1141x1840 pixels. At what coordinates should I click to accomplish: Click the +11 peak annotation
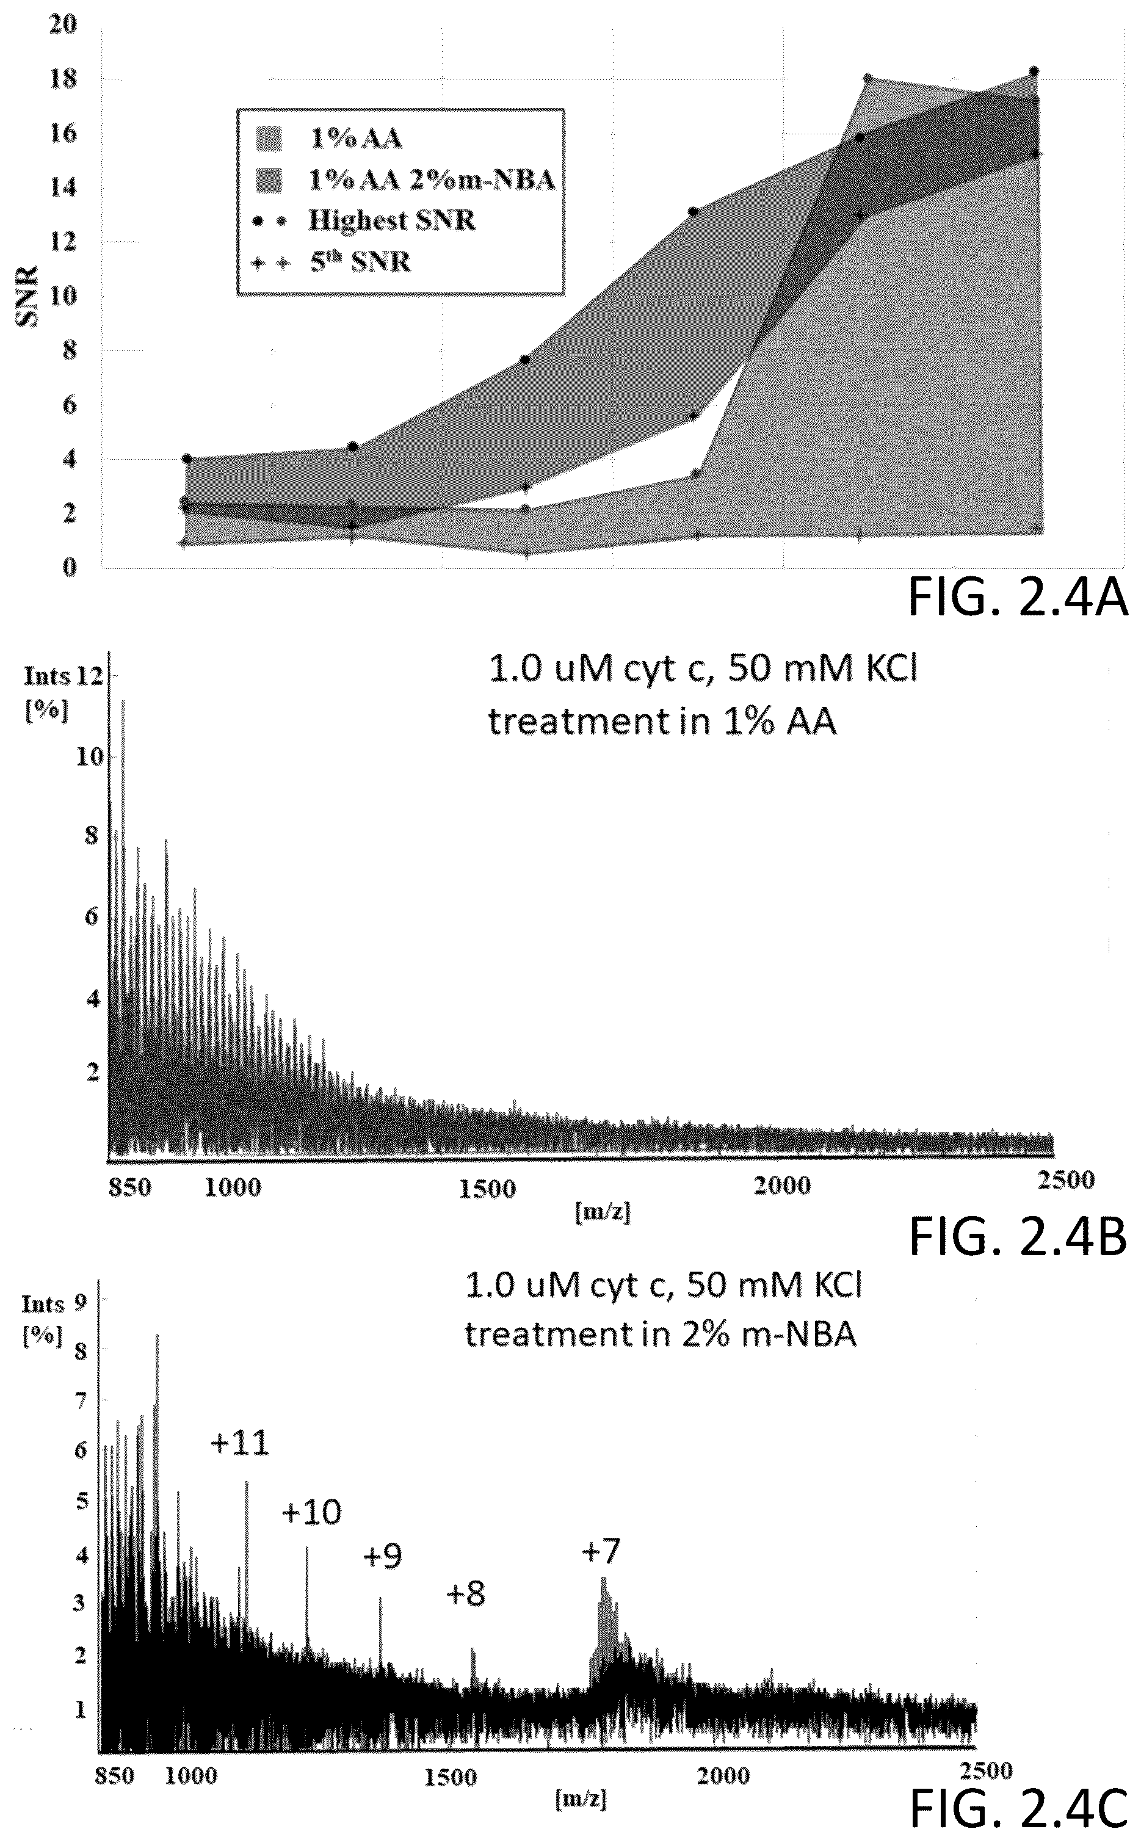pos(239,1443)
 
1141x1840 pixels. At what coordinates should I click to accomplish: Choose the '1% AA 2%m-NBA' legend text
pos(432,179)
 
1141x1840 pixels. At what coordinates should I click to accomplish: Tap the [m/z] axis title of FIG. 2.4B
pos(602,1212)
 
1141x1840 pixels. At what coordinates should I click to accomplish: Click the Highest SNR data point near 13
pos(693,211)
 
